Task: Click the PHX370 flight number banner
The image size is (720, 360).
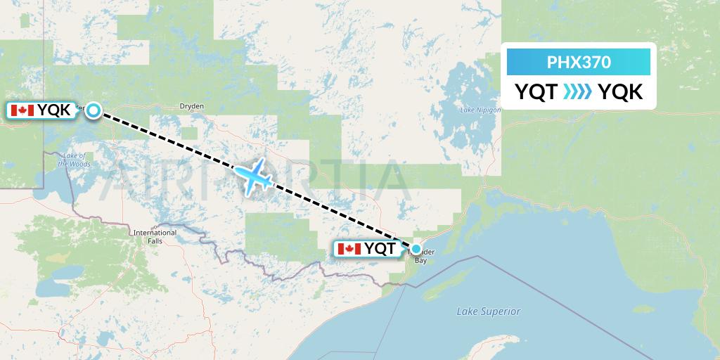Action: click(x=579, y=62)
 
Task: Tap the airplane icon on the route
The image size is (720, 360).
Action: click(x=253, y=175)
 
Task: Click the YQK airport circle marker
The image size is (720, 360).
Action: click(x=94, y=110)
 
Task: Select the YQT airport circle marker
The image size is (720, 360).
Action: click(x=416, y=249)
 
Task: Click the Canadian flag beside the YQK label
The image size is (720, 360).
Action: click(x=22, y=110)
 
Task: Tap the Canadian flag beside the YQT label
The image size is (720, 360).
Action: click(x=349, y=249)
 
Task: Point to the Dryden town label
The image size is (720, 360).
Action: click(x=192, y=107)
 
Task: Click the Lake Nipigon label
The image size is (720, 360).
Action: click(x=480, y=110)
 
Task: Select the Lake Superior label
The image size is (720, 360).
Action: click(x=488, y=311)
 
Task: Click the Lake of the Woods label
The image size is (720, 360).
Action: click(x=74, y=160)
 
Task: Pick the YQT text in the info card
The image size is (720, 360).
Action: click(x=536, y=92)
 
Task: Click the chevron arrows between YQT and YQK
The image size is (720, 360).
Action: click(x=578, y=92)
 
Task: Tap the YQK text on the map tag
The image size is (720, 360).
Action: click(x=54, y=110)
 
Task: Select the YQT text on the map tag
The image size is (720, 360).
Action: click(x=380, y=249)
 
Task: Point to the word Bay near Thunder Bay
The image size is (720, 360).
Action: click(x=421, y=260)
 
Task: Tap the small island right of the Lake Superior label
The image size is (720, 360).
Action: click(x=643, y=308)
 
